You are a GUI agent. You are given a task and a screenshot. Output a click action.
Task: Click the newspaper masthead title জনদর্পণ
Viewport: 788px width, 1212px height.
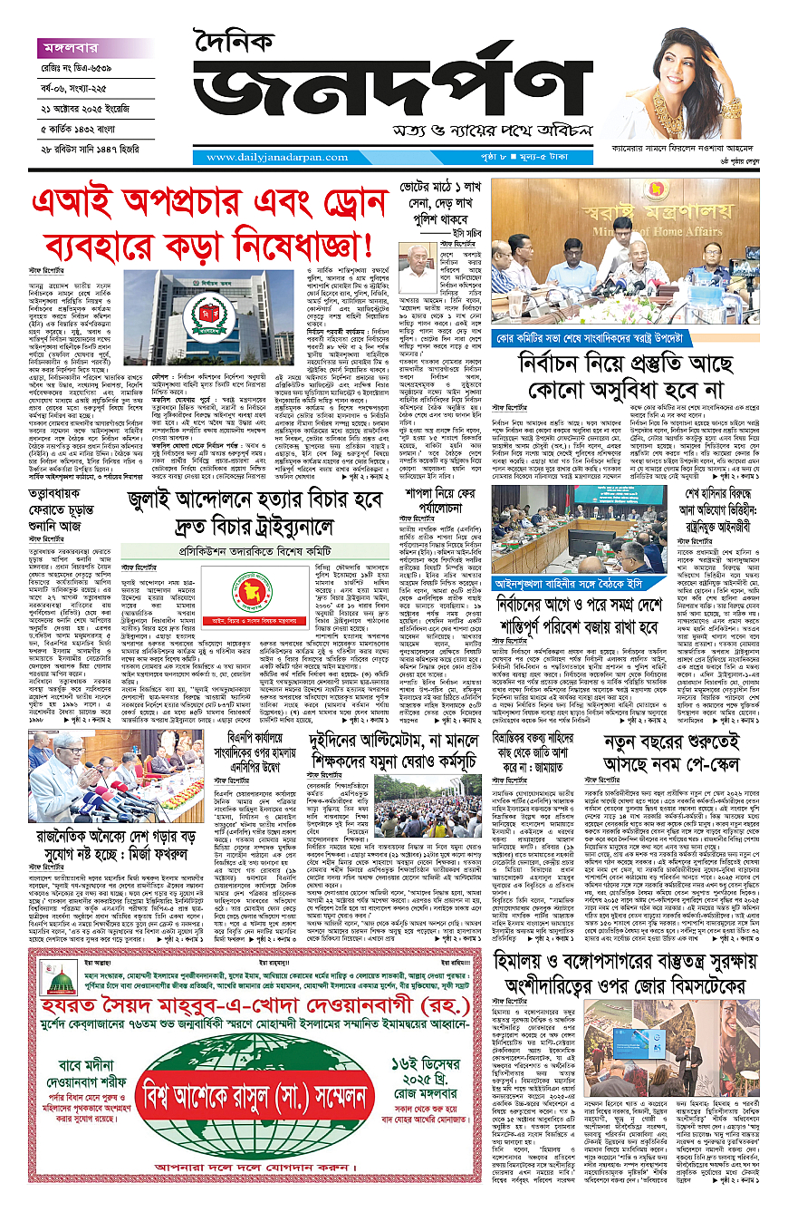pyautogui.click(x=389, y=95)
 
